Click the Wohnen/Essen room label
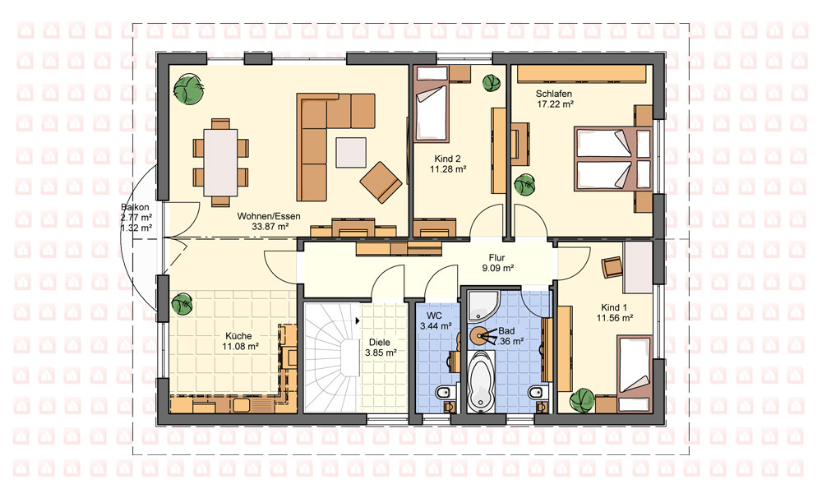point(269,216)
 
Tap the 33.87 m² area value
point(270,227)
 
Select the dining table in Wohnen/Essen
point(220,162)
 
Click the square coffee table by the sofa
point(351,152)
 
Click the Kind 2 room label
point(447,159)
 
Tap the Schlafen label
point(553,94)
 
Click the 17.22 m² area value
point(555,104)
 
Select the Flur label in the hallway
point(496,258)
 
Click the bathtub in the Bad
point(481,380)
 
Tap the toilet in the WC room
point(445,391)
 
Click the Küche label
point(238,336)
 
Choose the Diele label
point(380,343)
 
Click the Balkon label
point(136,207)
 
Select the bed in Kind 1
point(635,374)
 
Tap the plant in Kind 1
point(582,401)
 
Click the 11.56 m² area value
point(614,318)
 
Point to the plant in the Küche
point(182,304)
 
